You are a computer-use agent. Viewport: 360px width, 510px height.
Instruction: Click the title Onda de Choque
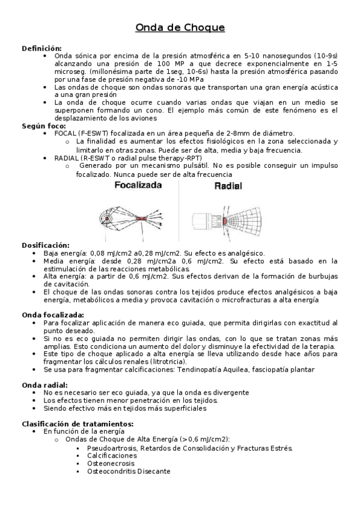click(x=180, y=28)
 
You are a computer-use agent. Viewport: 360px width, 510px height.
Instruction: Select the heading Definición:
click(x=41, y=48)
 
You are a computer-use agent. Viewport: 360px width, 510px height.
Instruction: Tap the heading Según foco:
click(x=43, y=126)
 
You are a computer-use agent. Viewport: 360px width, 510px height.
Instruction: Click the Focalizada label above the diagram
click(x=138, y=186)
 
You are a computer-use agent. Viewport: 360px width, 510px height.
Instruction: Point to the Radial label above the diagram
click(x=228, y=186)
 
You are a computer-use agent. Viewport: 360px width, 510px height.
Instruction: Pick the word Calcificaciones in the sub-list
click(x=112, y=455)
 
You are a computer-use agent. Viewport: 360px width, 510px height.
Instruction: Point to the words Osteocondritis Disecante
click(x=129, y=471)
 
